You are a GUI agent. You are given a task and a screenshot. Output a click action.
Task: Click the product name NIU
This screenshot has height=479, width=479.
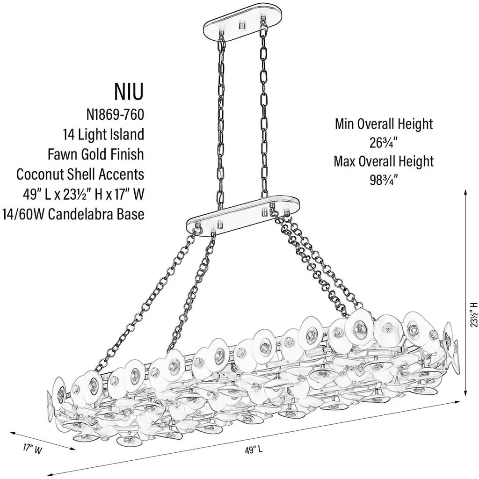pyautogui.click(x=129, y=92)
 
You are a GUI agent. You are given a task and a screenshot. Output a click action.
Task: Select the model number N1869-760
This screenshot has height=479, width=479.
pyautogui.click(x=115, y=115)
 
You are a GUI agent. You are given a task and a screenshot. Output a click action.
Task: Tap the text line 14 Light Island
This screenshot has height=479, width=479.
pyautogui.click(x=103, y=135)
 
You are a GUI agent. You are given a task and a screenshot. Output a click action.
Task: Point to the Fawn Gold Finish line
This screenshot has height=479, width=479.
pyautogui.click(x=95, y=154)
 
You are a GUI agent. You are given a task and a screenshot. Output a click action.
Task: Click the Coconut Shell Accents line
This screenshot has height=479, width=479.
pyautogui.click(x=80, y=174)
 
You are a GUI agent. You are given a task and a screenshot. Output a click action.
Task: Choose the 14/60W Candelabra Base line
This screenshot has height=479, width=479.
pyautogui.click(x=73, y=214)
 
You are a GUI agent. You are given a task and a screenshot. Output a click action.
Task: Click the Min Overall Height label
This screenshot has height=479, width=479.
pyautogui.click(x=384, y=124)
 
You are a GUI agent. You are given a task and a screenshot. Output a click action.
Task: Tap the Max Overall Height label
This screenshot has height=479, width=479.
pyautogui.click(x=384, y=161)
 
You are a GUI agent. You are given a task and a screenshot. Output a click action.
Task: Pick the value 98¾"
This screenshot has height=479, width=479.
pyautogui.click(x=384, y=180)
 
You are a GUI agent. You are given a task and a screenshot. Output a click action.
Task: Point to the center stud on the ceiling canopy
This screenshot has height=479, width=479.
pyautogui.click(x=242, y=25)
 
